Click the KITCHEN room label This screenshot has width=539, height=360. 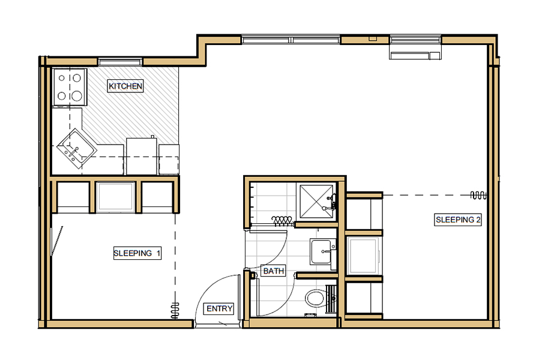(125, 86)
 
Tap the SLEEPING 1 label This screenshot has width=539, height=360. (137, 253)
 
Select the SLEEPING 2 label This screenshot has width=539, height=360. (458, 220)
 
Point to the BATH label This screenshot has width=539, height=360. (273, 271)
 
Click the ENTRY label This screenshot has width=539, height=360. (219, 309)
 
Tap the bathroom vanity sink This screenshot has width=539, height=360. (321, 251)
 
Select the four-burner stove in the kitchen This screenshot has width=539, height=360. (69, 86)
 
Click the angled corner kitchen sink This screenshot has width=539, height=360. (76, 148)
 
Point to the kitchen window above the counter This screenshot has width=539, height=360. (121, 61)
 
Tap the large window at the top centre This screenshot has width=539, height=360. (291, 40)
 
